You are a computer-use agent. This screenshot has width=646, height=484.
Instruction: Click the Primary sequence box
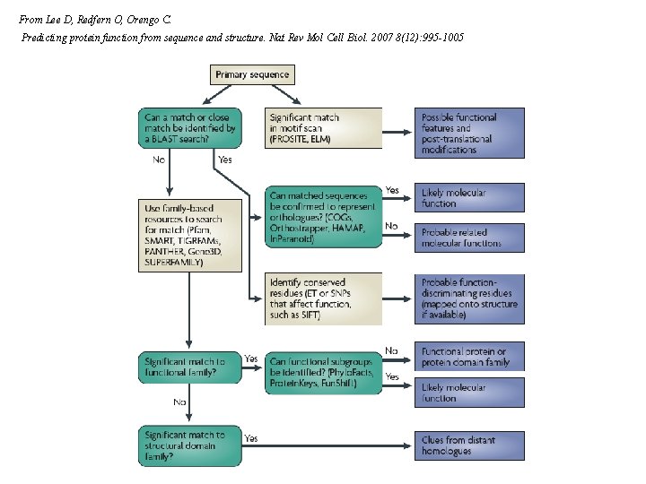pos(252,74)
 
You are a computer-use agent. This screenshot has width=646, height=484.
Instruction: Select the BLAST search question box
pos(190,128)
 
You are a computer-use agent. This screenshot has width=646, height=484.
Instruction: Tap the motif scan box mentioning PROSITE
pos(324,128)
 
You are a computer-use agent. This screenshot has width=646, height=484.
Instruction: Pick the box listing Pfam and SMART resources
pos(190,234)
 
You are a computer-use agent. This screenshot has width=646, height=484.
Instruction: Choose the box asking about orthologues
pos(324,212)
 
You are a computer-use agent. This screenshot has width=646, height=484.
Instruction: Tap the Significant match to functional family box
pos(190,367)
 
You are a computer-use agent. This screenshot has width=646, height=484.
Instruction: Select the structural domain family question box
pos(190,445)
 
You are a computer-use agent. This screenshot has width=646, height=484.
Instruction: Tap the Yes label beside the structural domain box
pos(251,438)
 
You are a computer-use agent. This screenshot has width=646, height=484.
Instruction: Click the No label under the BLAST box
pos(159,160)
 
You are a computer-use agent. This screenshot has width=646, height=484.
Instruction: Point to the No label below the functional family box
pos(179,402)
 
